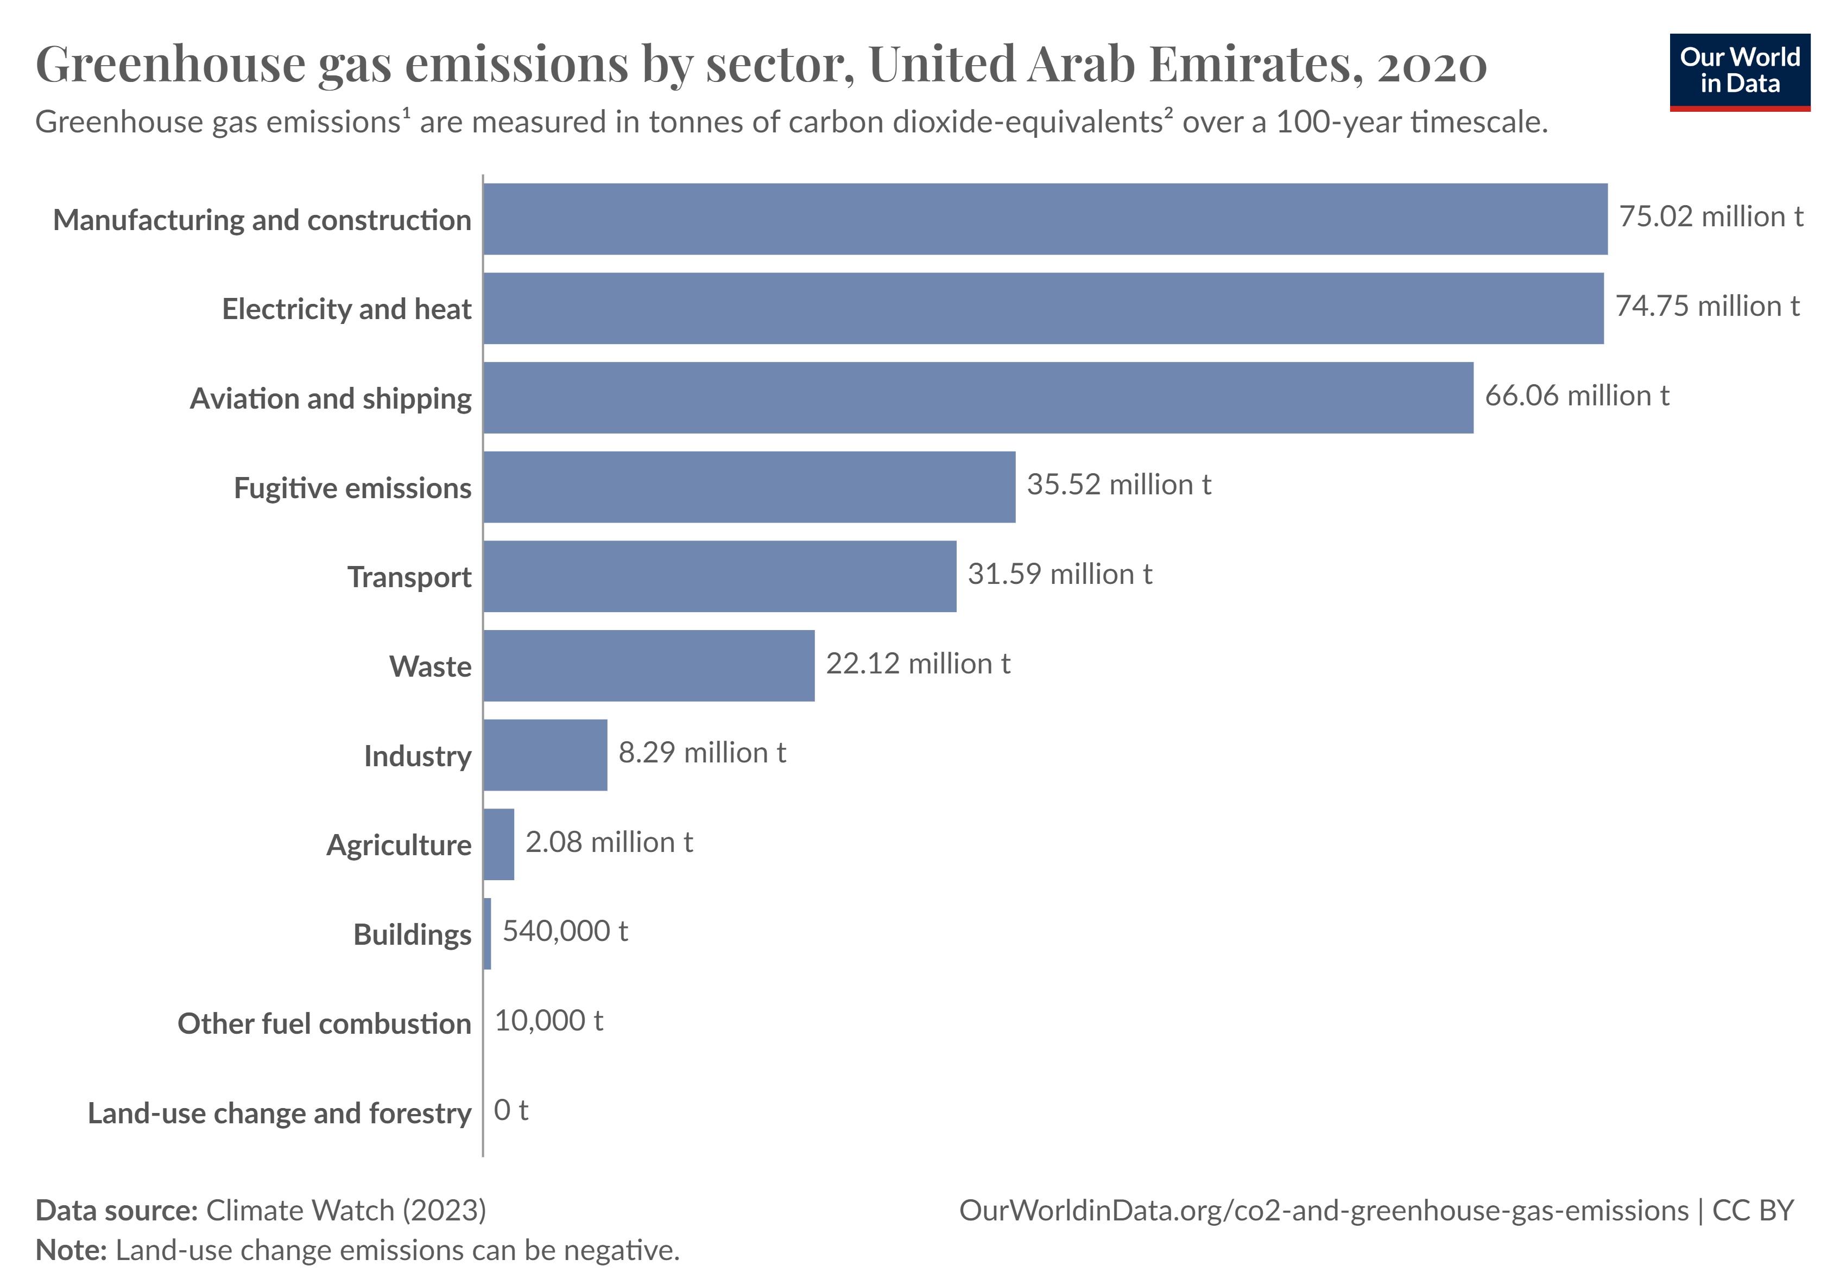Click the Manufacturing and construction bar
(1045, 219)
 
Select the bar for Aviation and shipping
(978, 398)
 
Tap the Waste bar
(649, 665)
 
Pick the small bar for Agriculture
(498, 844)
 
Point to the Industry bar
(545, 755)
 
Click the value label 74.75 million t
(1707, 306)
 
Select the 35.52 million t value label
(1118, 485)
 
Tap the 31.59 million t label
(1060, 574)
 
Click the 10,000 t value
(548, 1021)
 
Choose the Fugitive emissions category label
(352, 488)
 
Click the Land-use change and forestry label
(279, 1113)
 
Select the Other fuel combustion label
(324, 1024)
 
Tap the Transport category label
(409, 577)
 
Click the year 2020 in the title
(1431, 64)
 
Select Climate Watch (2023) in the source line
(346, 1210)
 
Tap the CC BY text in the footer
(1753, 1210)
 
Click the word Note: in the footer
(71, 1250)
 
